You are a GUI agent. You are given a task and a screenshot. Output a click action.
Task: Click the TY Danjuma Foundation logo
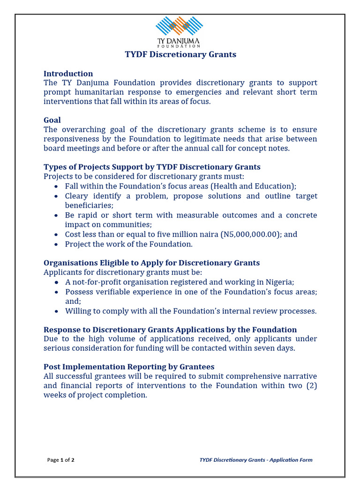[x=179, y=32]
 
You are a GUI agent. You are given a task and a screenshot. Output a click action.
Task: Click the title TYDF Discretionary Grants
[x=180, y=54]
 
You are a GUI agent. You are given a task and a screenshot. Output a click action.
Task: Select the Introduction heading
[x=68, y=74]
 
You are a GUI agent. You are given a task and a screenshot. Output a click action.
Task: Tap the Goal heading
[x=52, y=120]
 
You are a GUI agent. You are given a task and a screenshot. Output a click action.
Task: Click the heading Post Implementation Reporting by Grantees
[x=129, y=367]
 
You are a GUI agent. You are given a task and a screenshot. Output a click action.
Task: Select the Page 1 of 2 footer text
[x=60, y=460]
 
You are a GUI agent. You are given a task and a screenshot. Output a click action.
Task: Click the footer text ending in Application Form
[x=256, y=460]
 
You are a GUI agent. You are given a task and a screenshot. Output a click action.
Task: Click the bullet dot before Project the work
[x=56, y=244]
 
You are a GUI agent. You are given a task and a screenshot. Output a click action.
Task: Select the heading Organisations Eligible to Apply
[x=151, y=263]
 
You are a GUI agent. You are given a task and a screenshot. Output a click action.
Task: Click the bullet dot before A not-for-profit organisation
[x=56, y=283]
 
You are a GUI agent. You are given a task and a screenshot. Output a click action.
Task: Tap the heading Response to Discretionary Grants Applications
[x=170, y=330]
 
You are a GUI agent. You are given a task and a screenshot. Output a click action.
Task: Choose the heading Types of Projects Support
[x=152, y=167]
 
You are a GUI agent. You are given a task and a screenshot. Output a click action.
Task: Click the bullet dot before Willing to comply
[x=56, y=311]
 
